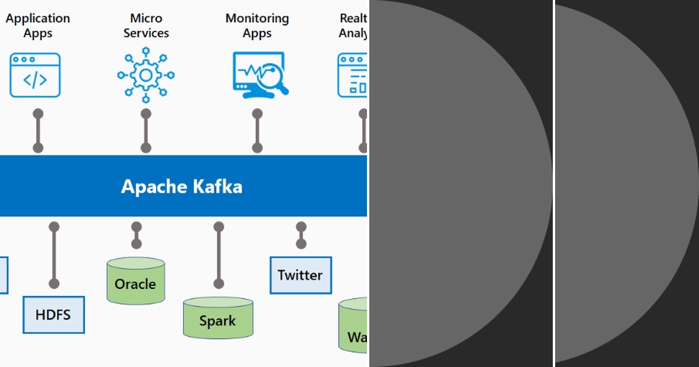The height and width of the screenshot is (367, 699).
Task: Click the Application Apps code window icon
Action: (35, 75)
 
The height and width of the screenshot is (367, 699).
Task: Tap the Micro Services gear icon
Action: (146, 75)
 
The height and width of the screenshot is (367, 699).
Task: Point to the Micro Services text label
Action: (146, 26)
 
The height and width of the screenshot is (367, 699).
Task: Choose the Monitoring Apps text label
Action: (257, 26)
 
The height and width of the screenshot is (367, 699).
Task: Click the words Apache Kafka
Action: (181, 186)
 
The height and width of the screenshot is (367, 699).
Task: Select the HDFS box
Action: (54, 315)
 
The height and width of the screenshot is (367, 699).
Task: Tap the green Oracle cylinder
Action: (136, 282)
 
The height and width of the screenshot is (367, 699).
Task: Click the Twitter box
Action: (301, 275)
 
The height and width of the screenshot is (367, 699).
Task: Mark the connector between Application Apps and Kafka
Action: (38, 130)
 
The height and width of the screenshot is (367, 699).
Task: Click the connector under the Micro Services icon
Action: (146, 130)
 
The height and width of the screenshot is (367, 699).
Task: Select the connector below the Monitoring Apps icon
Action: (257, 130)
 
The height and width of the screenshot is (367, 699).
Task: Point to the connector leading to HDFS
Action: (54, 255)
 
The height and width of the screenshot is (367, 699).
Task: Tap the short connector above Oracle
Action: (136, 235)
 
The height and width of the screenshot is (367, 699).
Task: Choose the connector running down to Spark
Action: (218, 255)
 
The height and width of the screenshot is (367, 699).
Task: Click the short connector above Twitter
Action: (301, 235)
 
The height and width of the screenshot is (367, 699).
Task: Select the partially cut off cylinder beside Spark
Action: (353, 325)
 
